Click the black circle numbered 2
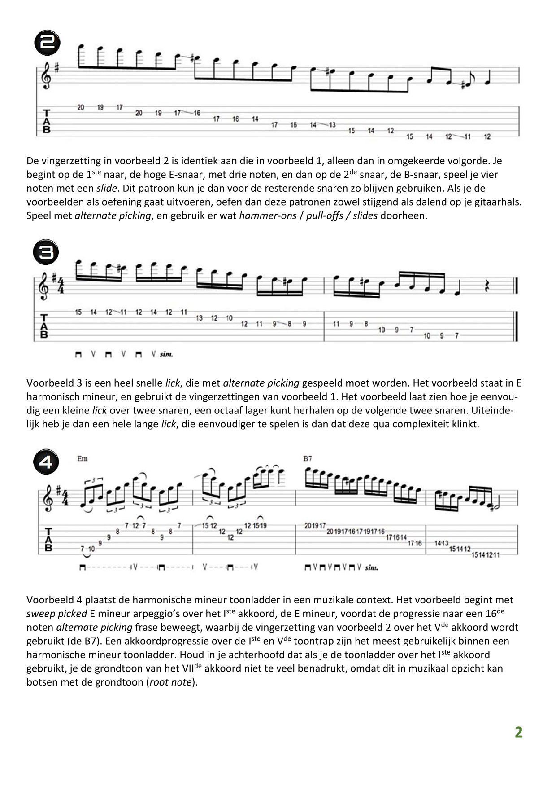[48, 43]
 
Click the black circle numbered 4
[46, 462]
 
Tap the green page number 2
[518, 732]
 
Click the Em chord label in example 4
[82, 458]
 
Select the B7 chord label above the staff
[308, 458]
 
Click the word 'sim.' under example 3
[166, 354]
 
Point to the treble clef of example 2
[46, 77]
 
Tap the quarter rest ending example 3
[487, 286]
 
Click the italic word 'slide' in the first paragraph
[106, 188]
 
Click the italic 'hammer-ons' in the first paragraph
[268, 215]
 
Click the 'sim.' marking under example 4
[371, 567]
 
